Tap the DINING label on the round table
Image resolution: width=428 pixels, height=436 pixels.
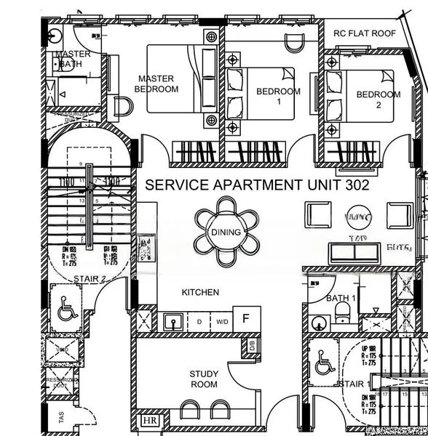click(x=226, y=233)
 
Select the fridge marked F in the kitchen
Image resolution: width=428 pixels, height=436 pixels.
click(x=246, y=319)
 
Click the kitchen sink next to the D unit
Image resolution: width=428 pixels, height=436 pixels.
click(x=173, y=320)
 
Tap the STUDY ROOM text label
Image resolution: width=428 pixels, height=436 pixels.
click(x=204, y=379)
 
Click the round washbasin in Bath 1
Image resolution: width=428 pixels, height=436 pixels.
click(x=317, y=322)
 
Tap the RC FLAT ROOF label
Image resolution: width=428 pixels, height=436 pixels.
click(x=364, y=33)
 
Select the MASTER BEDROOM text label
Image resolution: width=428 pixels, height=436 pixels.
click(x=156, y=84)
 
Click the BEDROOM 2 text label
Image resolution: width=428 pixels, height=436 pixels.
click(x=378, y=100)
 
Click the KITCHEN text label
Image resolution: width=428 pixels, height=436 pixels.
click(x=200, y=292)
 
